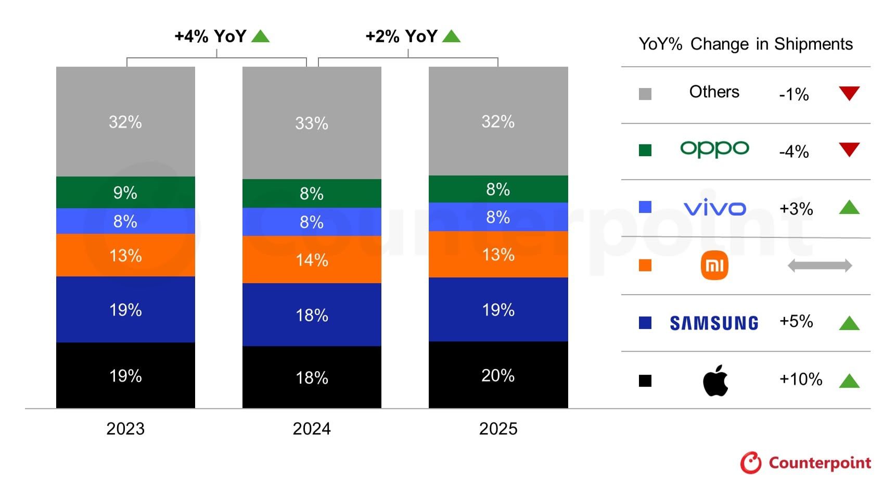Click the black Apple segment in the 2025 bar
(x=498, y=375)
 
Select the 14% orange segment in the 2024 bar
(x=312, y=259)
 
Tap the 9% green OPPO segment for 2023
(x=125, y=192)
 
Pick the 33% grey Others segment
(x=312, y=123)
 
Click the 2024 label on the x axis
(x=312, y=428)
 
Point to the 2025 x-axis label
(x=498, y=428)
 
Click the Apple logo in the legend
(x=715, y=380)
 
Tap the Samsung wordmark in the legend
(x=714, y=323)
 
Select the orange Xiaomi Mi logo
(x=714, y=265)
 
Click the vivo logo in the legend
(x=714, y=208)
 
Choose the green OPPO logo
(x=714, y=149)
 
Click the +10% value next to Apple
(x=800, y=379)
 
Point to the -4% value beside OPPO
(x=793, y=151)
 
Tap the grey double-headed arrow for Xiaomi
(x=820, y=265)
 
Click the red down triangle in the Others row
(x=849, y=93)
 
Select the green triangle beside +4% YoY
(x=260, y=36)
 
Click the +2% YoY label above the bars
(x=401, y=36)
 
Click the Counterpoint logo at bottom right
(x=805, y=462)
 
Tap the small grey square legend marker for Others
(x=645, y=94)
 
